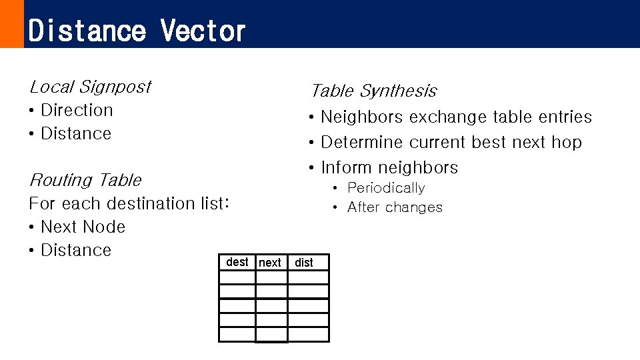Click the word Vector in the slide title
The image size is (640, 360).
click(x=203, y=31)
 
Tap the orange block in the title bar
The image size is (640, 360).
click(x=11, y=24)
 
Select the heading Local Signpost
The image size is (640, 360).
click(x=90, y=87)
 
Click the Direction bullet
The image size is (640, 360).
click(x=77, y=110)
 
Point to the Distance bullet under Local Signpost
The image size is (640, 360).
click(x=76, y=133)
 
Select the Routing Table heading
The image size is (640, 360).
click(x=85, y=180)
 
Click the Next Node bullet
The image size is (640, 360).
click(x=83, y=227)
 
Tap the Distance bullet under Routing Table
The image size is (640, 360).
click(x=76, y=250)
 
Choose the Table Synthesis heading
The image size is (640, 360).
click(x=373, y=91)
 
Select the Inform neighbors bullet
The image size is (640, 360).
click(x=389, y=167)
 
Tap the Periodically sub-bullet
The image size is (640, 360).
click(x=386, y=188)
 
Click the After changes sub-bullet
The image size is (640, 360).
click(x=395, y=207)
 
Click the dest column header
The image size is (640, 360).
click(x=237, y=262)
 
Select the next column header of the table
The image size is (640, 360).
click(x=270, y=263)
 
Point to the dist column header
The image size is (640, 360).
click(x=304, y=263)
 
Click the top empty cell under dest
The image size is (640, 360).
click(x=237, y=277)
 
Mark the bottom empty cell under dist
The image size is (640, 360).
click(x=308, y=334)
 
